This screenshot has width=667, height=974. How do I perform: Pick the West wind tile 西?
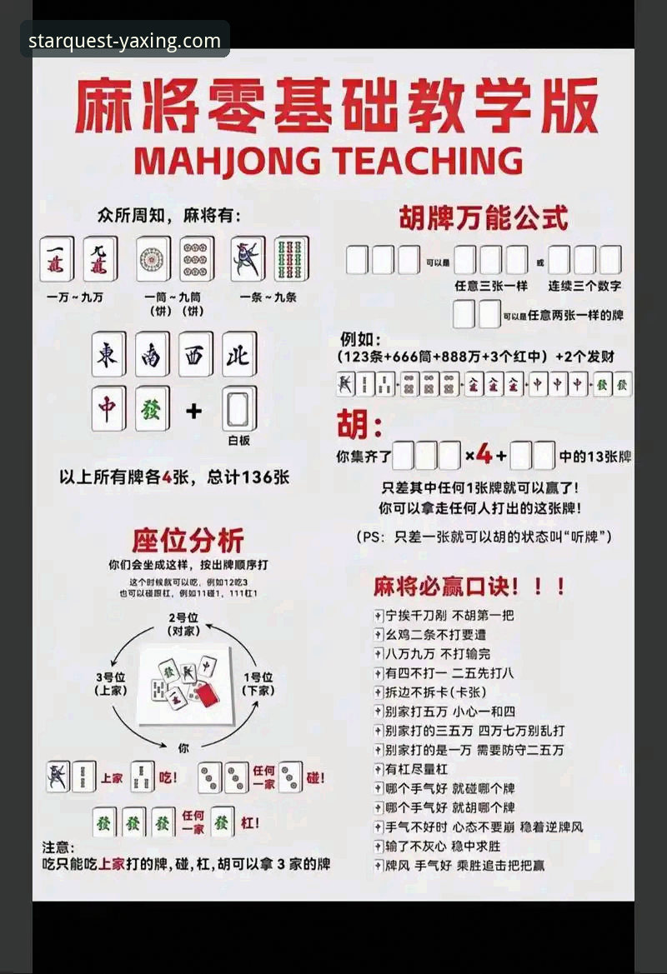195,354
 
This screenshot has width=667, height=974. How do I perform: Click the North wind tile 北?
238,354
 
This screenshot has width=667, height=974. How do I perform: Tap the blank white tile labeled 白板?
239,410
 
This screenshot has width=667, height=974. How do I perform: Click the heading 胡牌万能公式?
484,218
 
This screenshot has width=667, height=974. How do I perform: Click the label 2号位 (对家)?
182,624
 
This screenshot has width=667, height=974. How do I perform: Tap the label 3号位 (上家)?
111,683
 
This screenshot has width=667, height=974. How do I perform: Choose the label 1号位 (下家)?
258,683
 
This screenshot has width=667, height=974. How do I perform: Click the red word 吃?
168,777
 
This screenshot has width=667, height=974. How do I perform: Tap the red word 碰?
315,777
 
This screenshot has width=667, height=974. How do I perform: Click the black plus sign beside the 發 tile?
193,410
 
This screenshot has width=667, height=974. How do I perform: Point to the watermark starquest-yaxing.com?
125,40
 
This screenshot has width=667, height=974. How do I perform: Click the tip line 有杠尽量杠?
416,768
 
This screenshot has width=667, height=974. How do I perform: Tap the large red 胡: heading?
359,426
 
